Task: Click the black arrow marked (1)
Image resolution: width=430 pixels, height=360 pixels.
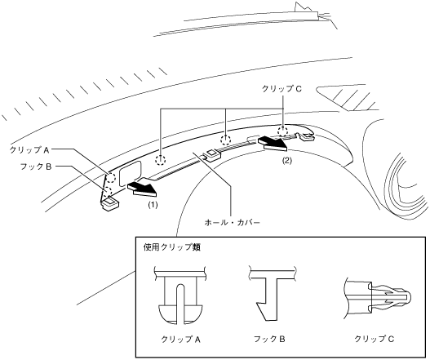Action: [142, 189]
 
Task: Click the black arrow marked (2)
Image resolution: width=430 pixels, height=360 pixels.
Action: [273, 144]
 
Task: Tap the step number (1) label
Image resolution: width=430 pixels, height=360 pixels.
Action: [153, 205]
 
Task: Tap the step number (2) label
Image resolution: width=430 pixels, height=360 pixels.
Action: [287, 161]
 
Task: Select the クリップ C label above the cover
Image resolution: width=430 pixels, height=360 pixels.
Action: [281, 89]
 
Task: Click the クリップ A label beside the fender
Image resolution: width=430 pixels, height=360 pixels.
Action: [29, 150]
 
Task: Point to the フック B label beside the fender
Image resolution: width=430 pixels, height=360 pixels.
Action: [36, 167]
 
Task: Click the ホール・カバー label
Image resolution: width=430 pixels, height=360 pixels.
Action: [232, 222]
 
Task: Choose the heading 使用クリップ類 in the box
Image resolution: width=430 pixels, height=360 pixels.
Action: [172, 247]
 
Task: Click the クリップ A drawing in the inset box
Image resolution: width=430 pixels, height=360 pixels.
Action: [180, 295]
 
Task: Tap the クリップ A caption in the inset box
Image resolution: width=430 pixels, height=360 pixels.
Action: [180, 340]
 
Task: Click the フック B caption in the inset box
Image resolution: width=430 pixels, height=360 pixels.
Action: [269, 339]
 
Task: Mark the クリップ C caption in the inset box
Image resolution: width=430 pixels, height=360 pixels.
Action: [374, 339]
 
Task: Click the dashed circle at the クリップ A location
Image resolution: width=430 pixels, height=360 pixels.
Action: [111, 178]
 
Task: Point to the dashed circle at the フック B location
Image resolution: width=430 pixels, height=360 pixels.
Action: [109, 191]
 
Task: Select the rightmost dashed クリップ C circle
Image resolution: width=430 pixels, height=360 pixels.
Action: [283, 131]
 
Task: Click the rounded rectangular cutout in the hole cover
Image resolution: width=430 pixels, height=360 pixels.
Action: [131, 173]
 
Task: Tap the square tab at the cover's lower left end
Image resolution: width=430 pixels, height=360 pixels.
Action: [111, 205]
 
